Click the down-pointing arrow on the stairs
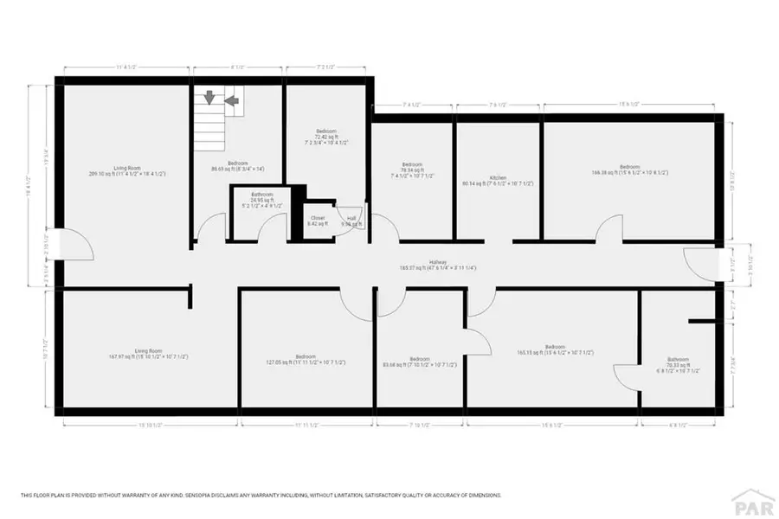(209, 99)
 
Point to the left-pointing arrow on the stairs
(231, 100)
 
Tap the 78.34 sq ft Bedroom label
(412, 168)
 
